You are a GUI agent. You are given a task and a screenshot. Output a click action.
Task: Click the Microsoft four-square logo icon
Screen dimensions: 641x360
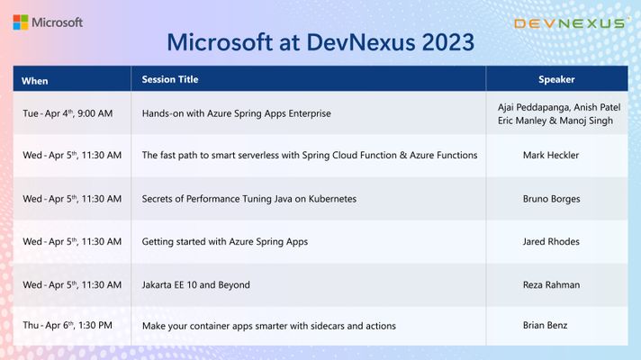pos(21,22)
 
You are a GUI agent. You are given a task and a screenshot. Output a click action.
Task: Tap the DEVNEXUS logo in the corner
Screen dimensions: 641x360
pos(570,23)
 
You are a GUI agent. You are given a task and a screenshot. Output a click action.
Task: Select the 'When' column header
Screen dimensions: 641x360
pos(35,81)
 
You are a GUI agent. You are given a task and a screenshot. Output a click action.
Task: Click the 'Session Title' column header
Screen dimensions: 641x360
pos(170,79)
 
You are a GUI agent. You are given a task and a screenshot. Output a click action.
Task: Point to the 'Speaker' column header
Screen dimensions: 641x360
pos(556,79)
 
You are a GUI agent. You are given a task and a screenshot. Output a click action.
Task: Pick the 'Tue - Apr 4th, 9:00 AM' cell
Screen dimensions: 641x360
pos(68,113)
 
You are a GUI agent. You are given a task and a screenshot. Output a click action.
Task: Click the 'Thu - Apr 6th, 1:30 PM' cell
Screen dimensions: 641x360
pos(68,325)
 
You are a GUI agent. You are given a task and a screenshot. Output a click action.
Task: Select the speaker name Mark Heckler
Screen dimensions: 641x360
pos(551,156)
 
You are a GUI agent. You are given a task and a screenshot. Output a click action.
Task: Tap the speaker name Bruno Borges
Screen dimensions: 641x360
pos(552,199)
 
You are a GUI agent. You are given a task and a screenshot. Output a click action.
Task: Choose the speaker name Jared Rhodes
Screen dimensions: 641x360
pos(551,241)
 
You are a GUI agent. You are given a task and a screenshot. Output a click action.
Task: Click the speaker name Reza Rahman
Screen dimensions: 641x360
pos(552,284)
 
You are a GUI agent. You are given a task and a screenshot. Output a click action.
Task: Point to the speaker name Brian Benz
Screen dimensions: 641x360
pos(545,325)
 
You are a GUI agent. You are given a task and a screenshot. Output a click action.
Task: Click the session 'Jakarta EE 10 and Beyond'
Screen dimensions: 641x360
pos(196,284)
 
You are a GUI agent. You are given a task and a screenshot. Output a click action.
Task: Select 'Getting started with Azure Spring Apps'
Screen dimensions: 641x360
pos(225,242)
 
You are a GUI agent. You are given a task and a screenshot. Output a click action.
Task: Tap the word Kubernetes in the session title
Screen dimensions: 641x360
pos(332,199)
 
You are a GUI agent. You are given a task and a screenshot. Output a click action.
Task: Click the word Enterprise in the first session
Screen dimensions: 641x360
pos(310,113)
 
